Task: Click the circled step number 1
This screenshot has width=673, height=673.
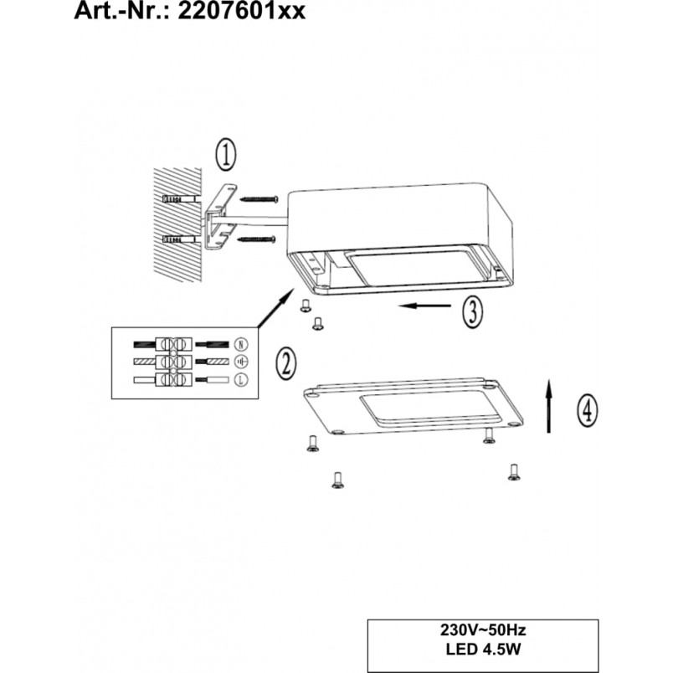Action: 225,155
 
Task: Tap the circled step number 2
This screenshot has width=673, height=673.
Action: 286,363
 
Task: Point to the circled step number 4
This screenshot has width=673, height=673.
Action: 587,411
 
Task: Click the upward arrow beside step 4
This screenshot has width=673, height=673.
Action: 548,406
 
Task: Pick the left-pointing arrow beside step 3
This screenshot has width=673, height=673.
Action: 424,306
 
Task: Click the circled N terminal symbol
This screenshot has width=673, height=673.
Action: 241,344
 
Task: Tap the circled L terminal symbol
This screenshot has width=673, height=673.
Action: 241,379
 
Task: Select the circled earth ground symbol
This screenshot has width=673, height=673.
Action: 241,362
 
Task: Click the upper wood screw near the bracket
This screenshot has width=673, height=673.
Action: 259,199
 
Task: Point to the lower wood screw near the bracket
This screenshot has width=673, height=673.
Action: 257,239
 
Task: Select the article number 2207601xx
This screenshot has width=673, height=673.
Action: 241,11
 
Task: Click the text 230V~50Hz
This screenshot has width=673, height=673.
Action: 483,630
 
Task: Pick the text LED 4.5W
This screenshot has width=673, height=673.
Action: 483,649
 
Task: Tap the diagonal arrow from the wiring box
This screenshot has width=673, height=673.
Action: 276,308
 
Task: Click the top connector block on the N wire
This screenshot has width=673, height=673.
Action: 173,344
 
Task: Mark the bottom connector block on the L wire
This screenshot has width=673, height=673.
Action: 173,380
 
